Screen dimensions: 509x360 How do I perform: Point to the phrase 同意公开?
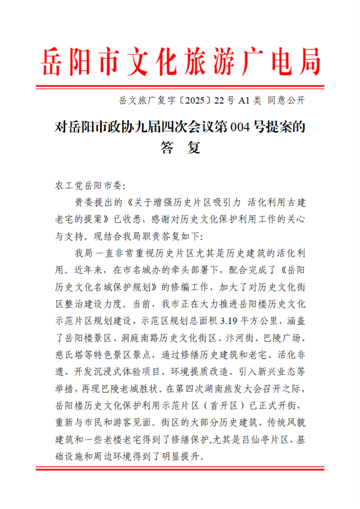tap(285, 101)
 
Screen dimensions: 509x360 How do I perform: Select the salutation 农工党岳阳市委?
tap(86, 186)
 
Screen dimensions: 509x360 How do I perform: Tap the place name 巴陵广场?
tap(284, 338)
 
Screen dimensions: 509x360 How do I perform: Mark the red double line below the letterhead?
tap(180, 86)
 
